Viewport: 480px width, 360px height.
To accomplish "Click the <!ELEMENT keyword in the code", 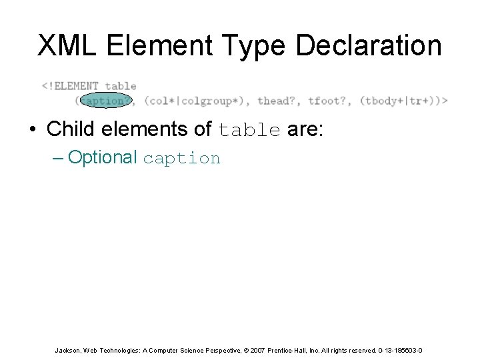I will click(70, 86).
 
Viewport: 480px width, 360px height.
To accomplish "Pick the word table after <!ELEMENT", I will click(121, 86).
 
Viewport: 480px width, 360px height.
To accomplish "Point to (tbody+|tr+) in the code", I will click(400, 101).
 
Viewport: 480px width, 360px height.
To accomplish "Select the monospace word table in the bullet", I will click(249, 129).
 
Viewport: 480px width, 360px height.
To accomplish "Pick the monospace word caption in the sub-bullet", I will click(181, 159).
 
